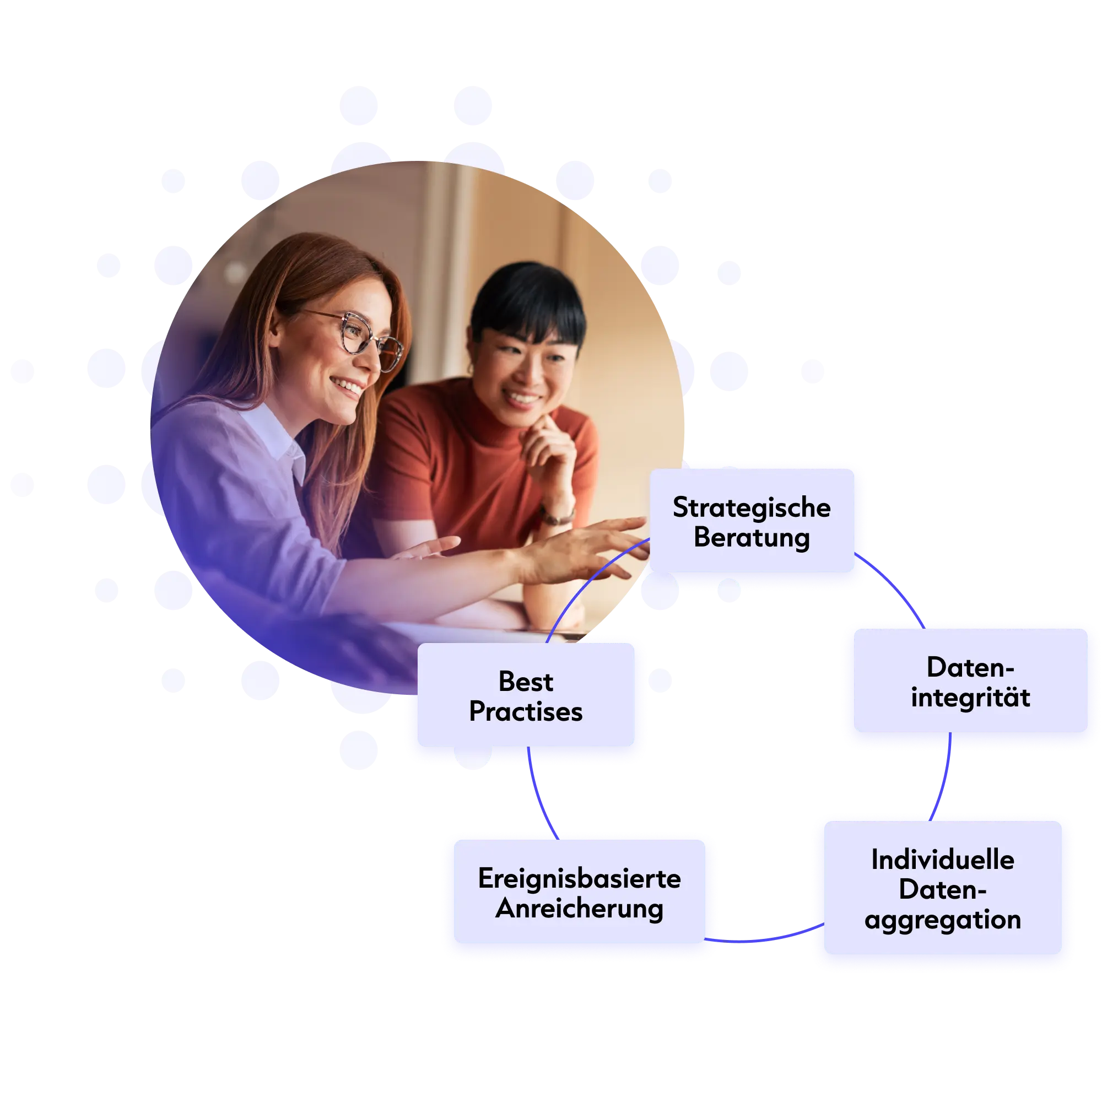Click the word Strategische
pos(751,507)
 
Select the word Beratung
pos(751,537)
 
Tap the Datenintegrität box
pos(970,680)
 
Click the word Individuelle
pos(942,860)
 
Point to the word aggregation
pos(942,920)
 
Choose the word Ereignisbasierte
pos(579,878)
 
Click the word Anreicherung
pos(579,909)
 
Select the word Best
pos(525,682)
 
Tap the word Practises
pos(525,711)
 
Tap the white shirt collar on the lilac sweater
pos(277,436)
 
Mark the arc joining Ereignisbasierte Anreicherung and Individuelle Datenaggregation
pos(764,939)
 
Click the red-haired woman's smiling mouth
pos(347,386)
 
